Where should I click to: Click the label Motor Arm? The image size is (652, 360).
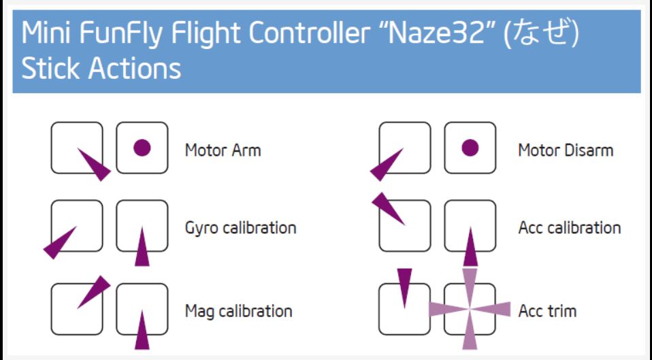click(x=223, y=150)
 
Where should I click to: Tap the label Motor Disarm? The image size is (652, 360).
click(x=565, y=150)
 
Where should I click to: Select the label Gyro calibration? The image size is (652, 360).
click(x=240, y=227)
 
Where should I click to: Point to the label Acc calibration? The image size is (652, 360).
click(x=569, y=227)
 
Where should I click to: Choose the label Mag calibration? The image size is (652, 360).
click(x=238, y=311)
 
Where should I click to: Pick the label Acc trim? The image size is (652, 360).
click(x=547, y=311)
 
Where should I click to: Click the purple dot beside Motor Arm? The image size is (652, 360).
click(x=142, y=147)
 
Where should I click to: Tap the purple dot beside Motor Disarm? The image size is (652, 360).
click(x=470, y=147)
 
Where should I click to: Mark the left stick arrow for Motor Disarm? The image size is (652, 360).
click(x=387, y=165)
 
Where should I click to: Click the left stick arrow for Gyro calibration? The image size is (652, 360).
click(x=59, y=243)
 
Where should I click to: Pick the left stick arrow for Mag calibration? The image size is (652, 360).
click(x=93, y=292)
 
